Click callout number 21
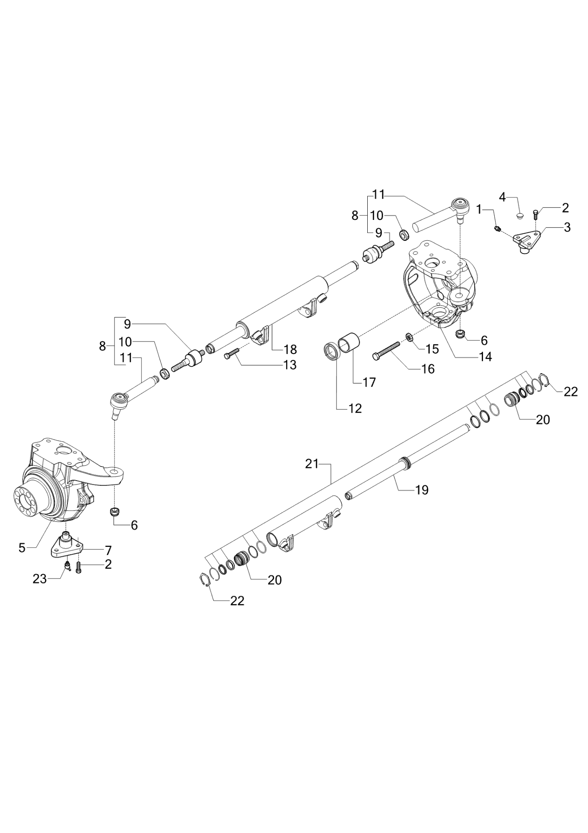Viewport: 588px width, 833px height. pos(312,463)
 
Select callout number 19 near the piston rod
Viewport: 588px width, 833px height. pos(421,490)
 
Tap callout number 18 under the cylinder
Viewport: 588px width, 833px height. pos(290,349)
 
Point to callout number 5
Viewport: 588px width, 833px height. pos(22,548)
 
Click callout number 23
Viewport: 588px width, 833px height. pos(40,579)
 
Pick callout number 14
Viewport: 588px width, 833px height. pos(485,357)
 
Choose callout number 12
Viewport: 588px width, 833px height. pos(355,409)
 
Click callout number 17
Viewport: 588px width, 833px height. pos(369,382)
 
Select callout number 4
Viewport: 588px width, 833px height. pos(503,197)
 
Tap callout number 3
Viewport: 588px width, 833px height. pos(567,227)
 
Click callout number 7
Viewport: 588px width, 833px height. pos(108,550)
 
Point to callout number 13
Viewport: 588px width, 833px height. pos(289,365)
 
